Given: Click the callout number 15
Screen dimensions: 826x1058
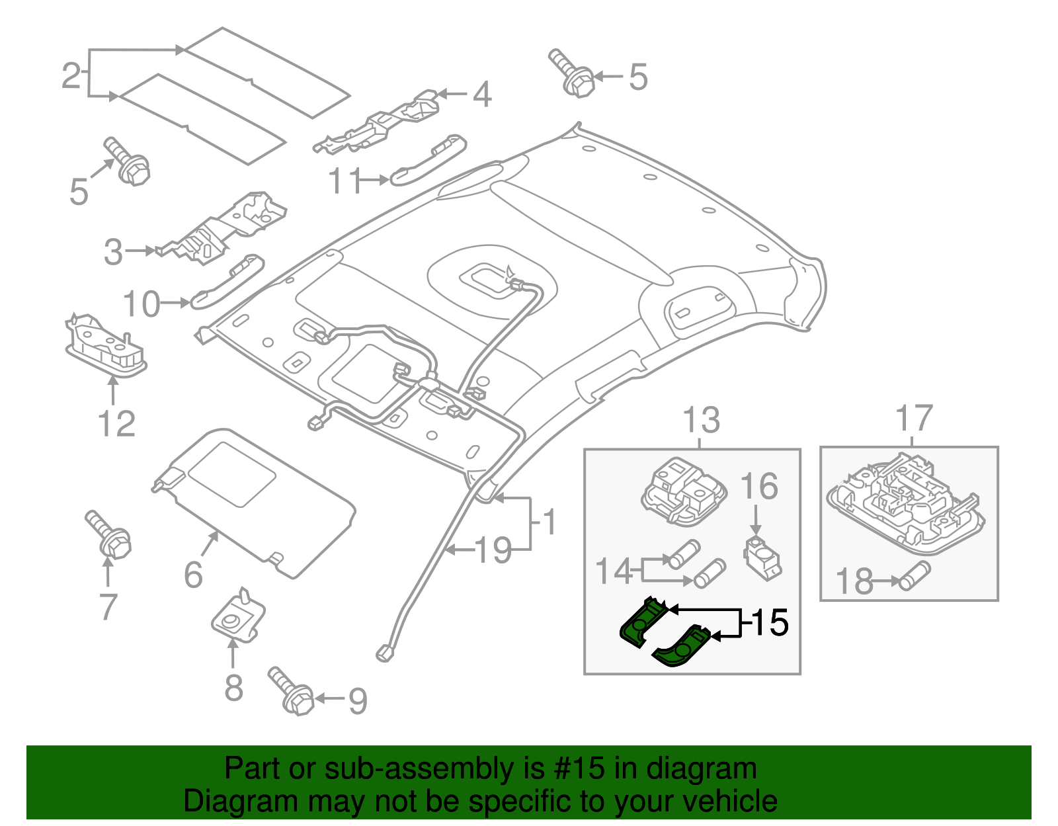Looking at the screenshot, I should coord(770,623).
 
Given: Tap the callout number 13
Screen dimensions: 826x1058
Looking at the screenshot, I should coord(701,421).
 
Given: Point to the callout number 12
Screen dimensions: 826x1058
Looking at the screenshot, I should coord(116,424).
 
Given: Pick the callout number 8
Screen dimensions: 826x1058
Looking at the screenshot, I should coord(233,687).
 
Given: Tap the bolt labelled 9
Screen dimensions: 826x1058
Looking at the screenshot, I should coord(291,692).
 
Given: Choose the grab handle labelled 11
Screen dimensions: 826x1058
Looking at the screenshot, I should coord(428,159).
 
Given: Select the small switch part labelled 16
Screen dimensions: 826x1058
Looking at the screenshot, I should coord(762,557).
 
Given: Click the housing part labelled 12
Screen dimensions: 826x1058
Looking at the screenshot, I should coord(106,347).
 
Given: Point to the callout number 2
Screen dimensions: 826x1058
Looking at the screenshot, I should coord(71,75).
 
